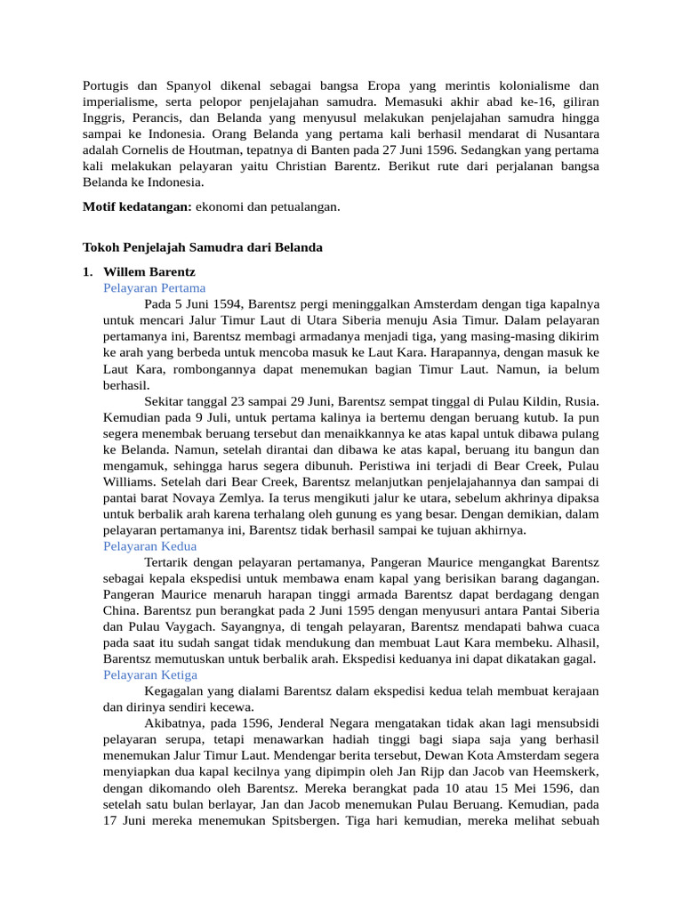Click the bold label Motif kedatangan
[137, 206]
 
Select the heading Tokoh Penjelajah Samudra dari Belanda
[203, 247]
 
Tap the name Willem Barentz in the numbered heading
[149, 271]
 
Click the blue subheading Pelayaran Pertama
[154, 287]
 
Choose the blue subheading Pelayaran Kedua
[149, 545]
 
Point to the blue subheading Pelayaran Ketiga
[150, 674]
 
